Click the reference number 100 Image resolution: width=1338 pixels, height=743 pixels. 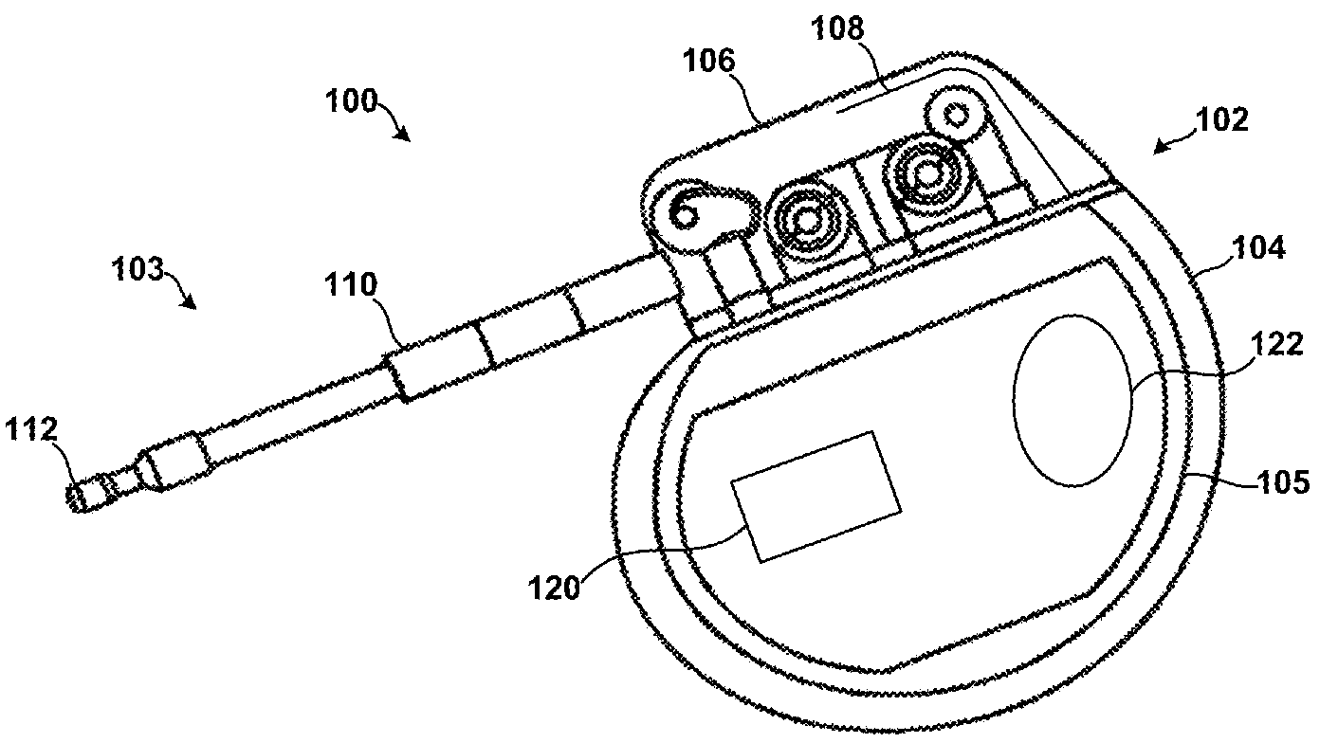351,100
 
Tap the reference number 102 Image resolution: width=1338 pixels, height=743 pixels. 1222,120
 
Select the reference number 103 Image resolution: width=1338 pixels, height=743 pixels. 137,271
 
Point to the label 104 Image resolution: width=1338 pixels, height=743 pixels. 1259,249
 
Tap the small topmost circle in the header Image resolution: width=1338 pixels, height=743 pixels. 956,116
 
